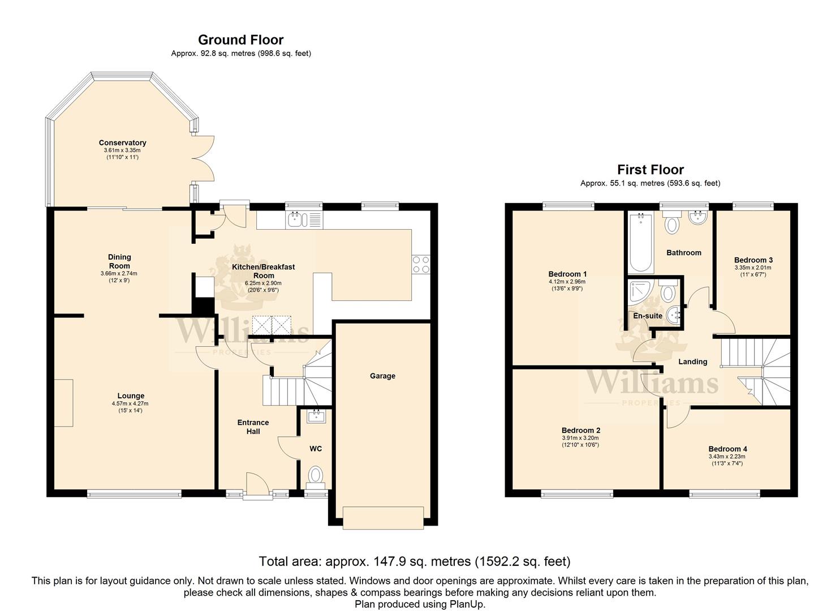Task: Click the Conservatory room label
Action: [122, 143]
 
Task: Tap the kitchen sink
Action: [304, 220]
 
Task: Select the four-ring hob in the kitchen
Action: [421, 264]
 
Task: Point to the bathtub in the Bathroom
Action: [641, 242]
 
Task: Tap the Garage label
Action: [382, 376]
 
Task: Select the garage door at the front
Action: [384, 518]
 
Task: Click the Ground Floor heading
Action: [241, 40]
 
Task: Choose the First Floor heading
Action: [651, 170]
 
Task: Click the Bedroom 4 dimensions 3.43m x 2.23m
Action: [727, 457]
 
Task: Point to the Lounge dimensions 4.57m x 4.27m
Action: [130, 403]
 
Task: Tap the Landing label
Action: [692, 362]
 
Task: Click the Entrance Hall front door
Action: [257, 486]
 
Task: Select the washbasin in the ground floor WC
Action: [317, 416]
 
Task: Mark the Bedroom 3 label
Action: [753, 260]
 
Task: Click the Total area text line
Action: [415, 561]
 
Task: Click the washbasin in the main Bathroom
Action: [697, 218]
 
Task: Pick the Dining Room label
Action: [119, 261]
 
